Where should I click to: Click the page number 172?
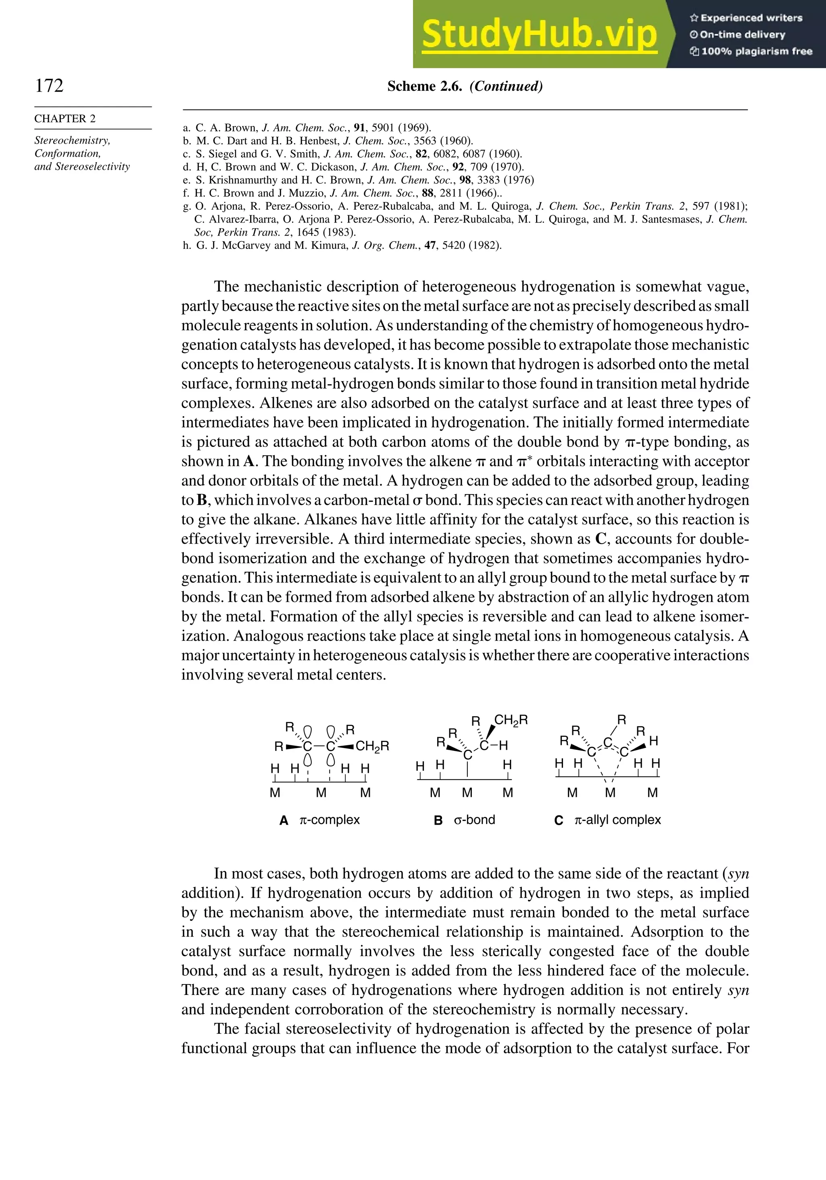coord(49,85)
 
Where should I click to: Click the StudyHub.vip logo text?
coord(539,34)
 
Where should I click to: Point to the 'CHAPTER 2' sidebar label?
coord(65,119)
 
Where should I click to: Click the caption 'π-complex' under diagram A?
coord(330,820)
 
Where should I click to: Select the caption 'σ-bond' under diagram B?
coord(474,820)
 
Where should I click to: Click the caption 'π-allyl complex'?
coord(617,820)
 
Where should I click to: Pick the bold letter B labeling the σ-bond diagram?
coord(438,820)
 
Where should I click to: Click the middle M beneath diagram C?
coord(610,793)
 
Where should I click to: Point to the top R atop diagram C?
coord(622,719)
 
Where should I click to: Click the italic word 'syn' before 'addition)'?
coord(738,874)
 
